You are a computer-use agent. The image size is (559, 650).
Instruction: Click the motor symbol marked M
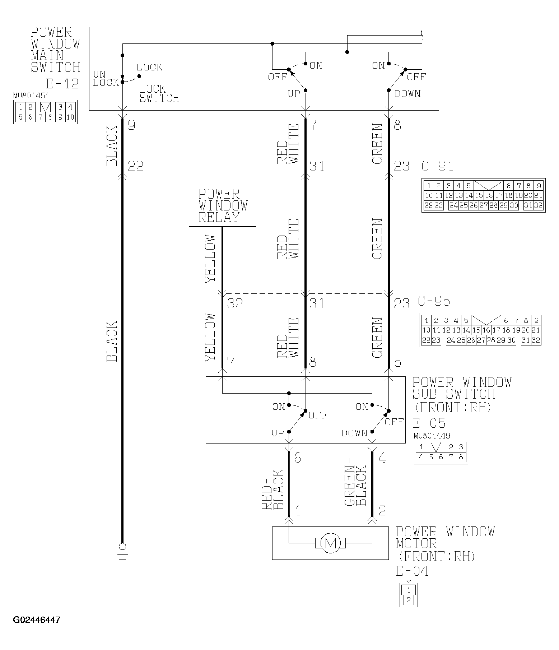[330, 543]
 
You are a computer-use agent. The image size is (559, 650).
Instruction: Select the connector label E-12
[62, 84]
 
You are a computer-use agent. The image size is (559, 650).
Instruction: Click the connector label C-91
[437, 166]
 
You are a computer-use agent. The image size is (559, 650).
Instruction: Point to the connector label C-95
[434, 301]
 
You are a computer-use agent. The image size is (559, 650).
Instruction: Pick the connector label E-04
[412, 571]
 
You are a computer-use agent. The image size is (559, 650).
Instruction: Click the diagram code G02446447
[37, 620]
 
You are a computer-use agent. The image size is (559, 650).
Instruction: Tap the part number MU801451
[31, 96]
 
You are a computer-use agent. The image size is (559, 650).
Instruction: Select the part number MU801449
[432, 436]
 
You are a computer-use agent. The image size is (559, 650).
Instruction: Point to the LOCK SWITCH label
[159, 93]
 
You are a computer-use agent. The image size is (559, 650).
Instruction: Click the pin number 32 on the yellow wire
[235, 304]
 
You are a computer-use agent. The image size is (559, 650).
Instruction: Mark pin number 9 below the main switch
[131, 125]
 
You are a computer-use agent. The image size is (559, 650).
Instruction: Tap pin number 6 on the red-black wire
[297, 458]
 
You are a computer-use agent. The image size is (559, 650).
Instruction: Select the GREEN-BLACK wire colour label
[356, 486]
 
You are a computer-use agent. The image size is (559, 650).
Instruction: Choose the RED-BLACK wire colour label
[272, 490]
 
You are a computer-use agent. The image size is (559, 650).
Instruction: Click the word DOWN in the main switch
[407, 94]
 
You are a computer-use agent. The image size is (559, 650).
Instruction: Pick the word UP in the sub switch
[278, 433]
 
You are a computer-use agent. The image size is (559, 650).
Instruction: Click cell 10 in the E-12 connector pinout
[70, 117]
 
